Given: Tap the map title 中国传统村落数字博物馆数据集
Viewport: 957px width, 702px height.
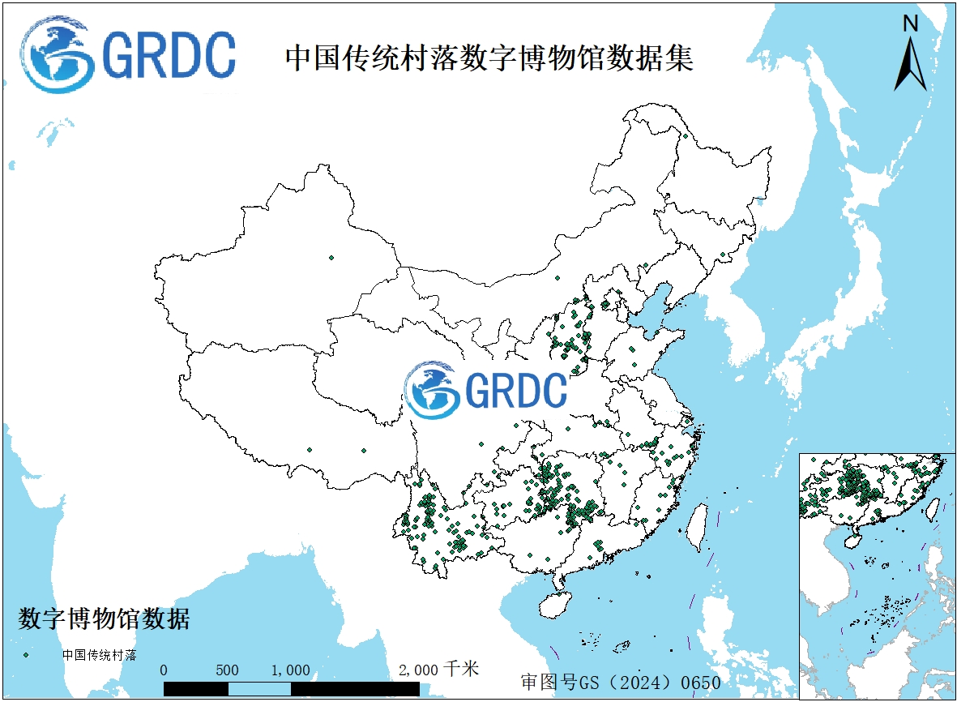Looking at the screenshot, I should point(489,58).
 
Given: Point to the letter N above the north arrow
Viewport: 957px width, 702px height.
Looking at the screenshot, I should point(911,24).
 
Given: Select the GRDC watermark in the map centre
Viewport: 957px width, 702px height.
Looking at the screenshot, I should point(486,390).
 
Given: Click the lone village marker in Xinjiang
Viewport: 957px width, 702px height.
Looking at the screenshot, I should point(331,258).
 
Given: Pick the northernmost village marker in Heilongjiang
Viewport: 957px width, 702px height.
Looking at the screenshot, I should point(686,136).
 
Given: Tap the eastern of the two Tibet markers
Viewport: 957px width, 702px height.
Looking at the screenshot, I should point(363,451).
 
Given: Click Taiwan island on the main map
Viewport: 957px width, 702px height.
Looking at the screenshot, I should point(694,527).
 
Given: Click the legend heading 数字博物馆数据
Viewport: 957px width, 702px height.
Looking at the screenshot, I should point(104,619).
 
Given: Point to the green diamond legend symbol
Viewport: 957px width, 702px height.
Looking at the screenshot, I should point(27,654).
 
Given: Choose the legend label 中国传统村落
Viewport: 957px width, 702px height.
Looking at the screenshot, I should point(100,654).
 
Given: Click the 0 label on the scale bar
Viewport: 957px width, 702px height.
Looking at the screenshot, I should point(164,670).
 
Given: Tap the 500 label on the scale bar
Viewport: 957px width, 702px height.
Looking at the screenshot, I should point(227,670).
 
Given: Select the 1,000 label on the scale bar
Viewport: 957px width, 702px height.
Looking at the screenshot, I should point(290,670).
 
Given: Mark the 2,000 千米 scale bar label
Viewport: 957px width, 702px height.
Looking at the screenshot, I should point(438,670).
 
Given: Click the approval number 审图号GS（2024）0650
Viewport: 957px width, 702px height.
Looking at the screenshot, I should point(621,682).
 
